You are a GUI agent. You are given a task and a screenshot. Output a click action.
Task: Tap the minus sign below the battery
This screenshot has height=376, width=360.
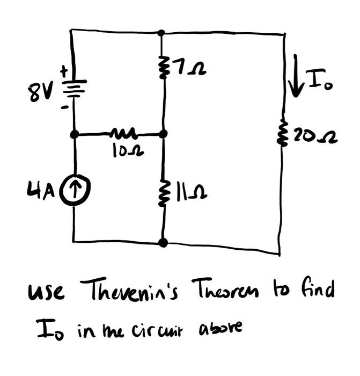point(64,107)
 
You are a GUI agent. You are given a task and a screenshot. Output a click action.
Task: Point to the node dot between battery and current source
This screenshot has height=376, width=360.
point(75,133)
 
